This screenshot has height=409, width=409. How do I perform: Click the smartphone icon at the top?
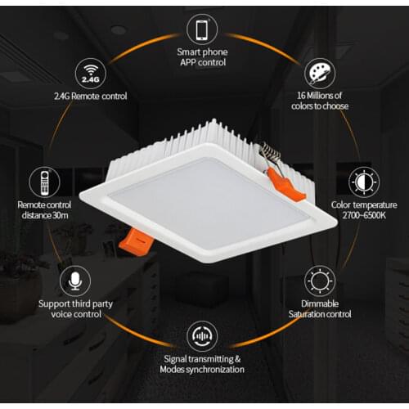201,30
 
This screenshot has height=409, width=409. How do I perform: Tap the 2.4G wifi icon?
92,74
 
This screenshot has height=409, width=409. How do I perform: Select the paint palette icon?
318,74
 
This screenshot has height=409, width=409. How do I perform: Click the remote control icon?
46,182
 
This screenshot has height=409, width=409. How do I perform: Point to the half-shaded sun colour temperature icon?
364,181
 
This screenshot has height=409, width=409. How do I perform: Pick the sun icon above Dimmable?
319,281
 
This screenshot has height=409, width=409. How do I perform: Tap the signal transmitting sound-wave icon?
201,336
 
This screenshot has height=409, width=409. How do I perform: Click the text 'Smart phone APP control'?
201,57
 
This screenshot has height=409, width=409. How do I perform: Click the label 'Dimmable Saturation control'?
319,308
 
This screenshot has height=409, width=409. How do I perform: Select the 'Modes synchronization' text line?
201,369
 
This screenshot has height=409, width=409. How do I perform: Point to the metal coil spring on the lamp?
268,153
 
